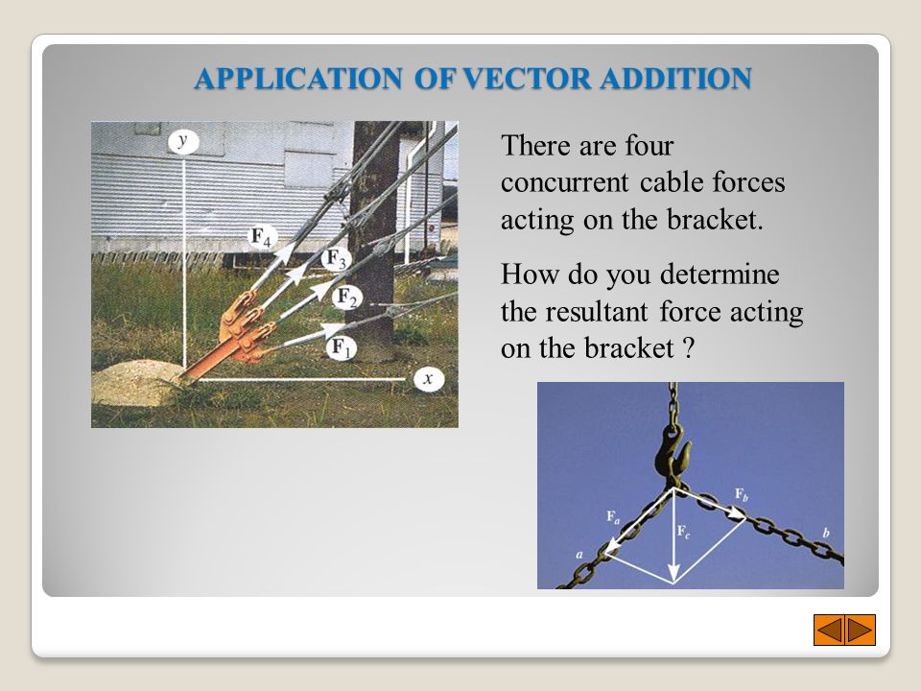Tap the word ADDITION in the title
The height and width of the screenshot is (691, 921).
tap(676, 80)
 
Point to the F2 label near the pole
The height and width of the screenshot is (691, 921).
tap(346, 298)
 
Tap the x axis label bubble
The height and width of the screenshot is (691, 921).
tap(428, 379)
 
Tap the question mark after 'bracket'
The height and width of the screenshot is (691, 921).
tap(686, 349)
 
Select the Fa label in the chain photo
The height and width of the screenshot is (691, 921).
tap(611, 517)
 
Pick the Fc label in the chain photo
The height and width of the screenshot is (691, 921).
tap(681, 530)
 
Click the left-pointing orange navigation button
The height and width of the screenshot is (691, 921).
tap(829, 630)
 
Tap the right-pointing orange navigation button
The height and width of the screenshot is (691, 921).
tap(860, 630)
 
